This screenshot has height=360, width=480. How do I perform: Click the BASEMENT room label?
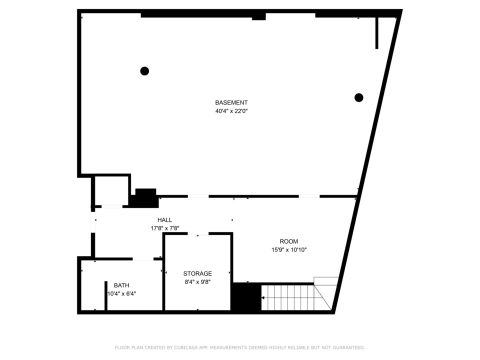click(231, 102)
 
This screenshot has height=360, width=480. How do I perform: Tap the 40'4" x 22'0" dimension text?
click(231, 111)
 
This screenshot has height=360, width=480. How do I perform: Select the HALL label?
click(164, 220)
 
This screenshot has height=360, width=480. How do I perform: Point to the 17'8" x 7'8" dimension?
click(164, 228)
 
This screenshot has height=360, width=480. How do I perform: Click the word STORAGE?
click(197, 273)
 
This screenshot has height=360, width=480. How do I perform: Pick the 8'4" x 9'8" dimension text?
click(197, 282)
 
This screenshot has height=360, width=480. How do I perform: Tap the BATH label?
click(121, 285)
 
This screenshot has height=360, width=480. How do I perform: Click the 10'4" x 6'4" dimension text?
click(121, 294)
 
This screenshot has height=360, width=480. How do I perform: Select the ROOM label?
click(288, 241)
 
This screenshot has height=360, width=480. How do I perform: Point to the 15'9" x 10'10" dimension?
click(289, 250)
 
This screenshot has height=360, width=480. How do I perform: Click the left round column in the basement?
click(144, 71)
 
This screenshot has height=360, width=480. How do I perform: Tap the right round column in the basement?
click(359, 97)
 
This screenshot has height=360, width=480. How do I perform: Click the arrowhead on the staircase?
click(262, 297)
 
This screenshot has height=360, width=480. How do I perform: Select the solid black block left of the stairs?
click(247, 297)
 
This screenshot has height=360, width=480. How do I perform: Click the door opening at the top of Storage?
click(198, 234)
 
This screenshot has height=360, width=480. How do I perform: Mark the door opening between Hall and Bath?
click(143, 259)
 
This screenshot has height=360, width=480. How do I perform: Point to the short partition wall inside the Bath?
click(106, 295)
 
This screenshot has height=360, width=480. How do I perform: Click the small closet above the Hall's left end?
click(111, 191)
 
